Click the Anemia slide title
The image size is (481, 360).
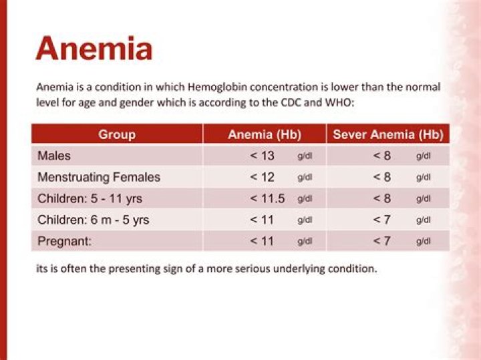(94, 49)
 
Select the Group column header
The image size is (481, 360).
(117, 134)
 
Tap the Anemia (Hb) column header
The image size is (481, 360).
(264, 134)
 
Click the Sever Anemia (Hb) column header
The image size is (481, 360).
(387, 134)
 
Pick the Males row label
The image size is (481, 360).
(54, 156)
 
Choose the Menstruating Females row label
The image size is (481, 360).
(99, 177)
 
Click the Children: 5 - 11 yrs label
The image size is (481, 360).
(90, 198)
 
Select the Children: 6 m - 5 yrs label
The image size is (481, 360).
(93, 220)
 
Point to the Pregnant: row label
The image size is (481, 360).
(64, 241)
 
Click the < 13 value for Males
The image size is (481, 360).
(263, 156)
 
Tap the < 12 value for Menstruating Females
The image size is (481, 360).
(263, 177)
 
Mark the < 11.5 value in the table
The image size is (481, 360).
(267, 198)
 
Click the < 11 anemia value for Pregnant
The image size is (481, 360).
(263, 241)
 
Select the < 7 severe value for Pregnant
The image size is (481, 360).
(382, 241)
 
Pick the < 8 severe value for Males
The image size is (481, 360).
(382, 156)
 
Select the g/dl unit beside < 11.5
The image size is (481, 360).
(305, 199)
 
